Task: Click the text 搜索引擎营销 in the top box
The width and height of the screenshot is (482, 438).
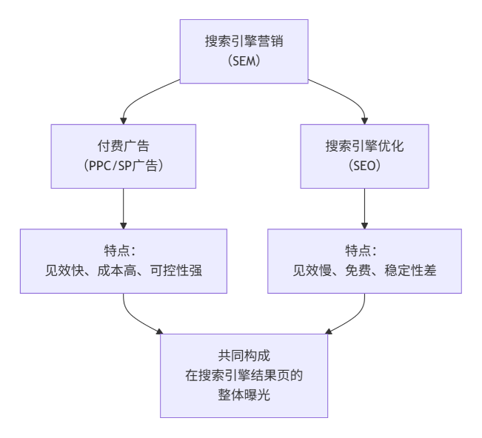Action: (x=244, y=41)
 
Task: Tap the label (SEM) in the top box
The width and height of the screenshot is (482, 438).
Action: (x=244, y=61)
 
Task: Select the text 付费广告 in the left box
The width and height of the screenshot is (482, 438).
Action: (x=124, y=146)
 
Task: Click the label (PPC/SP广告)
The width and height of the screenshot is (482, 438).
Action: (x=124, y=166)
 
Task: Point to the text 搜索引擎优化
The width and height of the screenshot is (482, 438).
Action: (x=364, y=146)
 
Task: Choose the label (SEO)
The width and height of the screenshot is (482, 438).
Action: (x=364, y=166)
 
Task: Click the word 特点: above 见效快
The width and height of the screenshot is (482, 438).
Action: (x=124, y=252)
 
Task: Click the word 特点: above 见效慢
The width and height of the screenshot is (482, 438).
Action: (x=364, y=252)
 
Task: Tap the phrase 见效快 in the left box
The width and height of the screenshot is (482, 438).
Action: (x=63, y=271)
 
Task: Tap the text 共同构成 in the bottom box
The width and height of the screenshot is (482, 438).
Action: (x=244, y=357)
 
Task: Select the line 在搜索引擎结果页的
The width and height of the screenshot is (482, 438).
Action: (x=244, y=376)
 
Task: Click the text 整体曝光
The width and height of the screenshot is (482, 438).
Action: (x=244, y=395)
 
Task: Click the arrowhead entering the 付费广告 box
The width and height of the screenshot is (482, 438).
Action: (x=124, y=120)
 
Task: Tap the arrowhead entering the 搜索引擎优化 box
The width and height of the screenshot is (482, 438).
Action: (x=364, y=120)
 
